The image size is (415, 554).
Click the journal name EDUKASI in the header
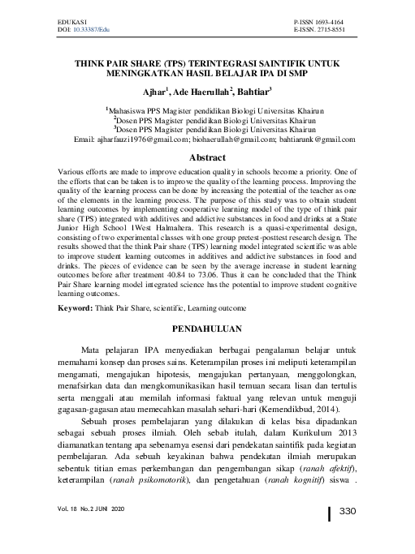point(73,16)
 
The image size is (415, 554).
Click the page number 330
point(348,511)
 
